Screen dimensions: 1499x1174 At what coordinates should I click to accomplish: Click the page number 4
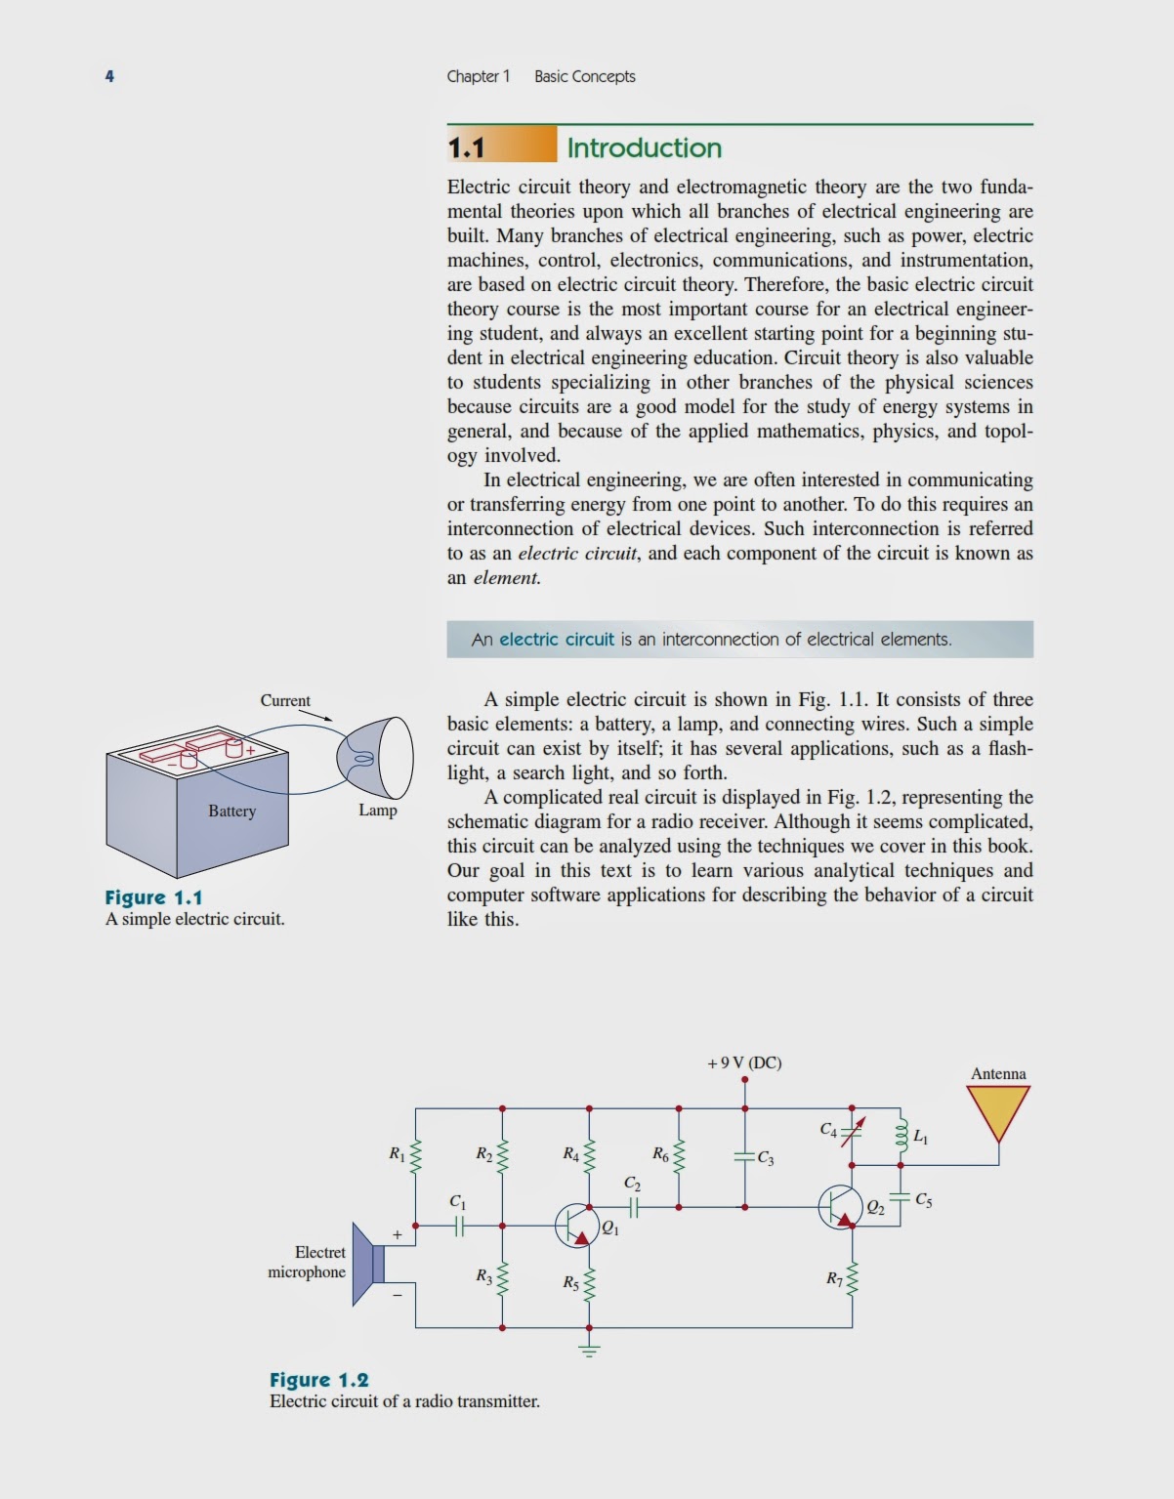pos(109,76)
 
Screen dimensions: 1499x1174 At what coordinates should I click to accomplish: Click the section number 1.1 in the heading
pos(467,147)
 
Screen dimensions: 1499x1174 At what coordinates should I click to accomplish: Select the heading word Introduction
pos(644,147)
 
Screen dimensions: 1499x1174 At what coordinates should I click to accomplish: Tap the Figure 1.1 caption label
pos(153,897)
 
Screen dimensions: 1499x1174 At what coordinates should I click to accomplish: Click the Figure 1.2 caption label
pos(319,1380)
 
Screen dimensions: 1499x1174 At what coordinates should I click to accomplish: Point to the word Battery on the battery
pos(231,811)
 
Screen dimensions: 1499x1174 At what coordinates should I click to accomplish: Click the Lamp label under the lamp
pos(377,810)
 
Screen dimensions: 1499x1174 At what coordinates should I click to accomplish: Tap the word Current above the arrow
pos(285,700)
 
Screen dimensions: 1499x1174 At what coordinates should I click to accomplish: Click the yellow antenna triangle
pos(998,1110)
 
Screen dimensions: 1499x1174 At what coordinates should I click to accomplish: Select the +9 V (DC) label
pos(744,1062)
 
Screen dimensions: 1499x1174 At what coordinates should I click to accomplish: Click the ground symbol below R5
pos(589,1350)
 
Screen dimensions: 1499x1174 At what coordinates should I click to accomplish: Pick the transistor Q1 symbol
pos(576,1225)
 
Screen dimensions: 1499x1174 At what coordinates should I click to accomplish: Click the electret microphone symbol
pos(369,1262)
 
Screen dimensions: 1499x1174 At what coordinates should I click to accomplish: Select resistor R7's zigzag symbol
pos(852,1278)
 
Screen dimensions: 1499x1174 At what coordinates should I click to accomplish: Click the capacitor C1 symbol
pos(457,1226)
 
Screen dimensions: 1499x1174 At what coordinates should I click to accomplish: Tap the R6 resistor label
pos(660,1154)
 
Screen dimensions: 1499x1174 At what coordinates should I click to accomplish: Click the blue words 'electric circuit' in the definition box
pos(557,640)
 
